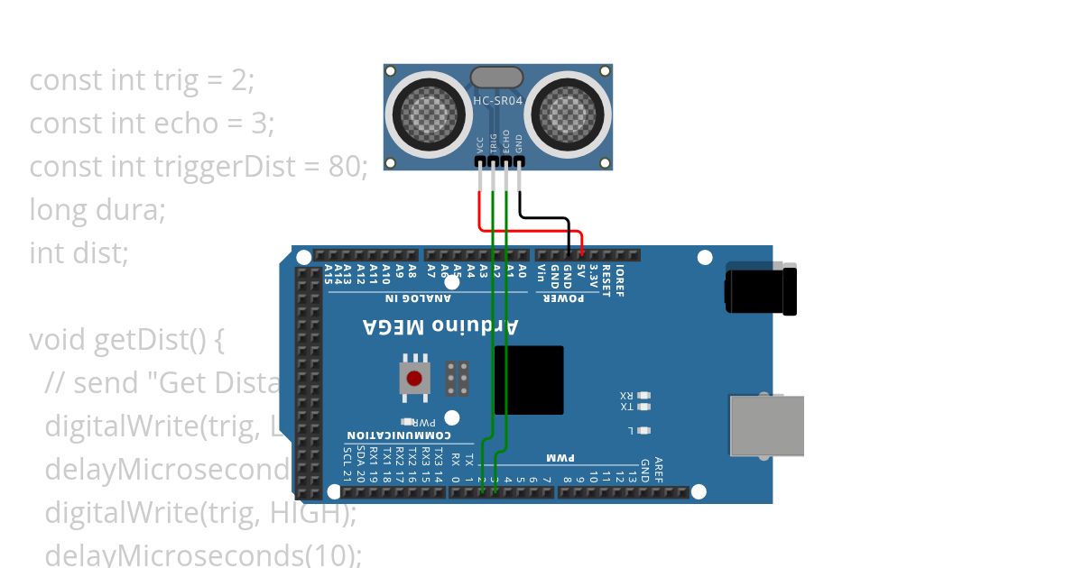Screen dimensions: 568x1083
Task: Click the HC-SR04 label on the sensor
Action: (x=497, y=101)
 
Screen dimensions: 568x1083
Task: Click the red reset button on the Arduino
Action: (x=414, y=379)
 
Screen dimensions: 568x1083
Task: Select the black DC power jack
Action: (x=760, y=289)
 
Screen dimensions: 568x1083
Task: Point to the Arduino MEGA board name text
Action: (x=440, y=325)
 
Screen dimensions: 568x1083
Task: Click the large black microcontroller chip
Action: (x=529, y=380)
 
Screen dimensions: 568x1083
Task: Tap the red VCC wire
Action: (x=479, y=212)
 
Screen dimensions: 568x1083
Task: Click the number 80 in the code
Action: (x=345, y=167)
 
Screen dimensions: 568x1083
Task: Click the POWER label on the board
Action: (x=562, y=298)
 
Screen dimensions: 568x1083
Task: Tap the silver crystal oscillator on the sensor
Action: (x=497, y=77)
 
